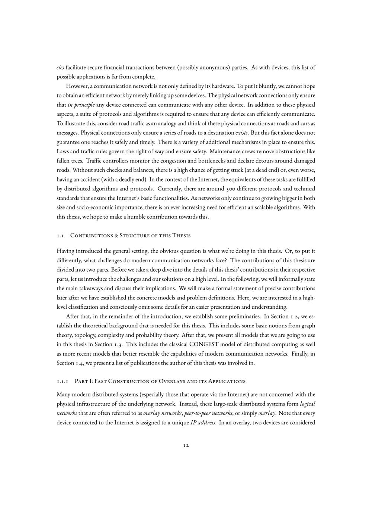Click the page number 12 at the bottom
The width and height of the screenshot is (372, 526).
[x=186, y=446]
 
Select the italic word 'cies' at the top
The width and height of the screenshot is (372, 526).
[x=60, y=68]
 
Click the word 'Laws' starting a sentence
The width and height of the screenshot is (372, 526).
[x=63, y=151]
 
